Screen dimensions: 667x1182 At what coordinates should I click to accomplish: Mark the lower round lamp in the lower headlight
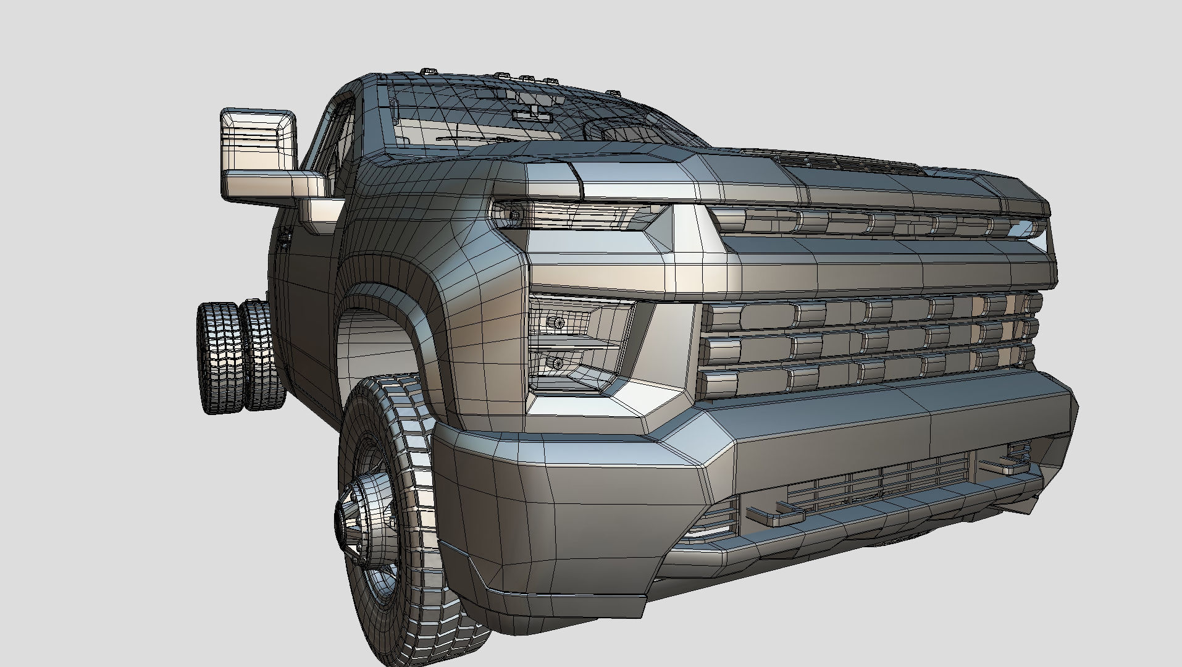(x=558, y=363)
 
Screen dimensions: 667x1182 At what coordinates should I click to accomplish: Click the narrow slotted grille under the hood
(x=877, y=222)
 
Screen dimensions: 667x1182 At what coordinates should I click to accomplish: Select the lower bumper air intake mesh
(x=877, y=479)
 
